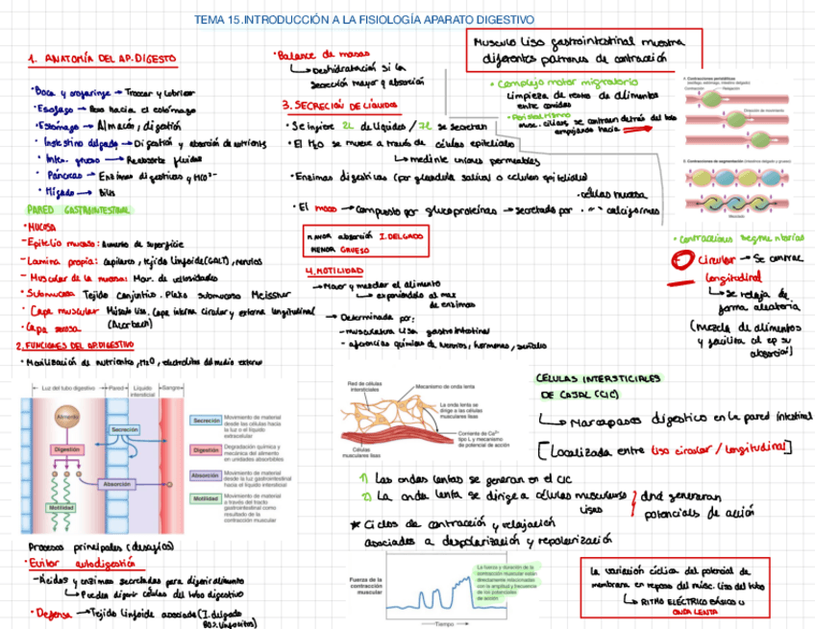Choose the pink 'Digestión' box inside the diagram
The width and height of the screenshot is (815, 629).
point(67,448)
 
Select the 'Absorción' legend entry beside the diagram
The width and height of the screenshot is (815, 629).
point(205,474)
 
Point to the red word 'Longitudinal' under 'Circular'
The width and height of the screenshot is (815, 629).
point(733,278)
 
